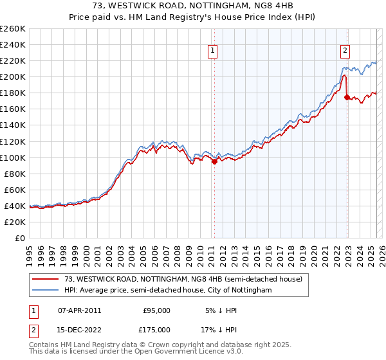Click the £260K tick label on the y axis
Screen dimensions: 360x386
pos(13,28)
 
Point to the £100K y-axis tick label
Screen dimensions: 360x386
pos(13,157)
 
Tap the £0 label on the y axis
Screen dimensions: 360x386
pos(20,238)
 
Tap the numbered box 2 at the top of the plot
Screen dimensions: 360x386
pos(345,52)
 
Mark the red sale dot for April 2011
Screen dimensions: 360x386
pos(214,161)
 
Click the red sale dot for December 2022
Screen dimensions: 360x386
pos(347,97)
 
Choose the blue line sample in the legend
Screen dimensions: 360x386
pos(46,290)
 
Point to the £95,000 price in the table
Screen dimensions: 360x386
pos(156,310)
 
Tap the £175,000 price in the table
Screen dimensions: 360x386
pos(156,329)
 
